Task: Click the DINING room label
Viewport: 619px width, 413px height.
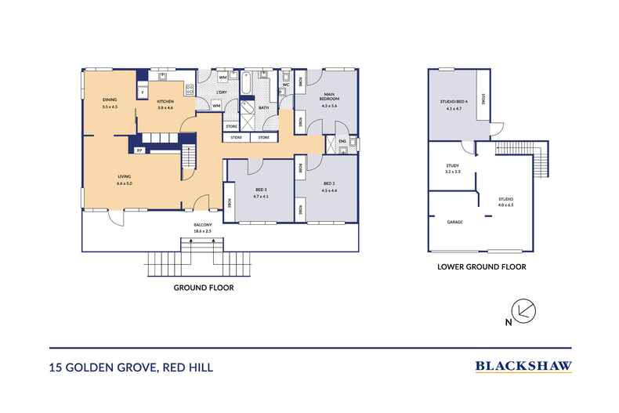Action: click(109, 100)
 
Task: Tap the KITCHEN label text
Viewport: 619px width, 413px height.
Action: click(165, 102)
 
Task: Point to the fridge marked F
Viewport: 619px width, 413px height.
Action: click(143, 92)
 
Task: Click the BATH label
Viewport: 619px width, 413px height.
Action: click(263, 108)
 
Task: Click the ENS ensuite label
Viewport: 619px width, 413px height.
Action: click(342, 141)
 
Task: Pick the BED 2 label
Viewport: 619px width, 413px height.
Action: click(328, 185)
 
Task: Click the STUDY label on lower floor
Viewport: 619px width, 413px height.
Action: click(452, 166)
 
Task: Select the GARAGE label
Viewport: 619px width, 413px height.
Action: click(454, 223)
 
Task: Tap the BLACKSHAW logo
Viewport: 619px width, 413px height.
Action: click(523, 365)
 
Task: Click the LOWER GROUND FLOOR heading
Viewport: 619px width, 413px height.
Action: click(480, 267)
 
